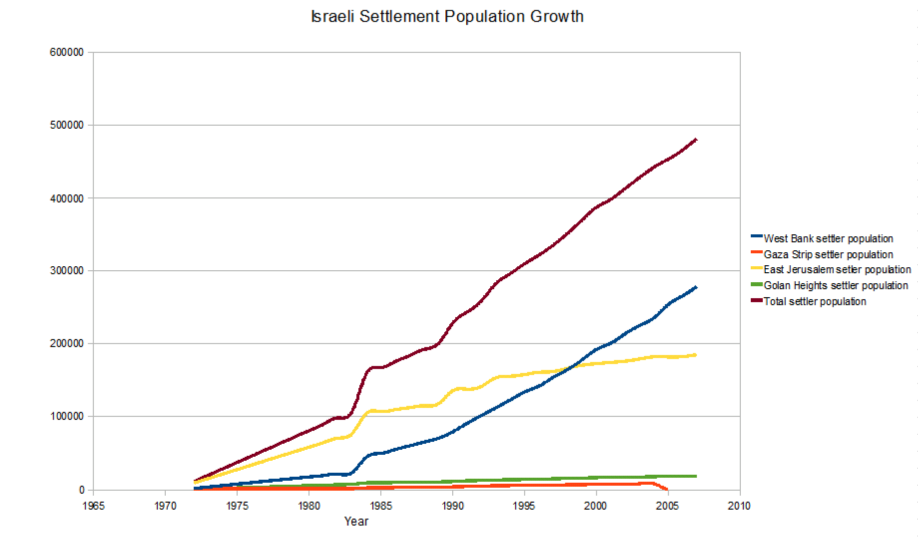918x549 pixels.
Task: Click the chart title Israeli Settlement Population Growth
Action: pos(447,16)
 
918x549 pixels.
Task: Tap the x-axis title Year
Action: pos(356,522)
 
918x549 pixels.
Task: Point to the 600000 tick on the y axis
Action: pos(66,52)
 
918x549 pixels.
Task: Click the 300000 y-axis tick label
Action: pos(66,271)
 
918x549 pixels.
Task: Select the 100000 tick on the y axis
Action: pos(66,416)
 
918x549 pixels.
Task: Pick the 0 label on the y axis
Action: pos(81,490)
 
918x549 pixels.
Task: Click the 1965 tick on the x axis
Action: pos(93,506)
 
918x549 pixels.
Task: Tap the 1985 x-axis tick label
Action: pos(381,506)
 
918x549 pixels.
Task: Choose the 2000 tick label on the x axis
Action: pos(596,506)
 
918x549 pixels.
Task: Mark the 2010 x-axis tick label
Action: pos(739,506)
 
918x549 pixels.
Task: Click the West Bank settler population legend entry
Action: pos(828,239)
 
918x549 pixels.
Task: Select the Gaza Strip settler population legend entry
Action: pos(828,255)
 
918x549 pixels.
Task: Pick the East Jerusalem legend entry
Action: pos(837,270)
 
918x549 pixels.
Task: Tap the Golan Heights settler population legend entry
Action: pos(835,286)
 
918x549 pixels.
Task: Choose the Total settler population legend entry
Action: pos(815,302)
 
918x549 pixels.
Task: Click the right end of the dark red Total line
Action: pos(696,140)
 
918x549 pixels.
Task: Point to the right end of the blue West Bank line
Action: pos(696,288)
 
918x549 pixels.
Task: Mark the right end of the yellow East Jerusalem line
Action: pos(695,355)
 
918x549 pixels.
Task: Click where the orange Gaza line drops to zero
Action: pos(667,490)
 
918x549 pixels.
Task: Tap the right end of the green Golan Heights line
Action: pos(695,476)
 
